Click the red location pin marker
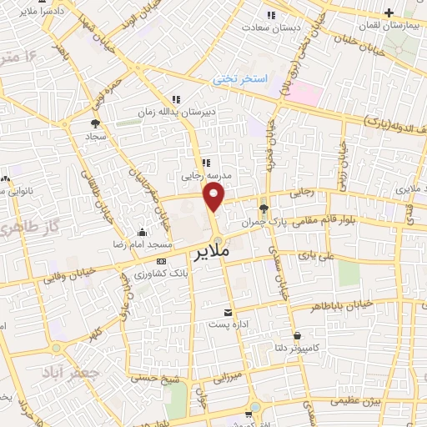[x=214, y=198]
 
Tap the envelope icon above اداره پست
[x=229, y=312]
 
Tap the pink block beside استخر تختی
[x=304, y=93]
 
